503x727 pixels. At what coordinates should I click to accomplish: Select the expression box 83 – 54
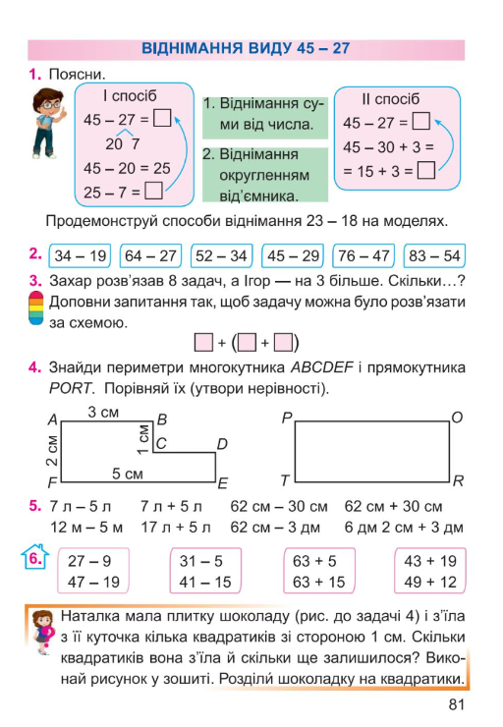point(433,256)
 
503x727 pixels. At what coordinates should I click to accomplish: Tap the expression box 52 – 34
point(221,256)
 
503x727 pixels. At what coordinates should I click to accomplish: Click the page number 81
point(454,704)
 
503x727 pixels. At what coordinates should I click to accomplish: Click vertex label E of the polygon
point(223,483)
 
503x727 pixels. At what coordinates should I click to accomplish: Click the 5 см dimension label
point(128,474)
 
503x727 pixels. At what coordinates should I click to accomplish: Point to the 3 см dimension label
point(103,413)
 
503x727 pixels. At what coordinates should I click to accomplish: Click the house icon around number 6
point(33,560)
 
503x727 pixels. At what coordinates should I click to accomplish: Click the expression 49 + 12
point(430,582)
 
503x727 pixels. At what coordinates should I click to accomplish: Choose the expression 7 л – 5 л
point(81,507)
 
